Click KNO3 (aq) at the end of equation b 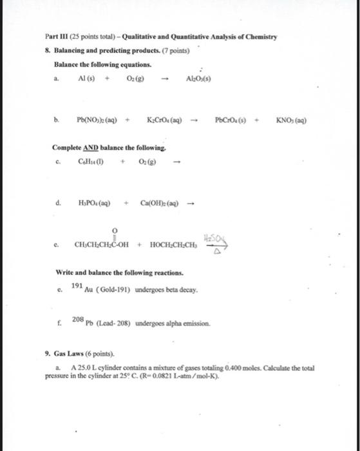click(x=297, y=120)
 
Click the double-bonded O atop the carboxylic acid click(x=115, y=229)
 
